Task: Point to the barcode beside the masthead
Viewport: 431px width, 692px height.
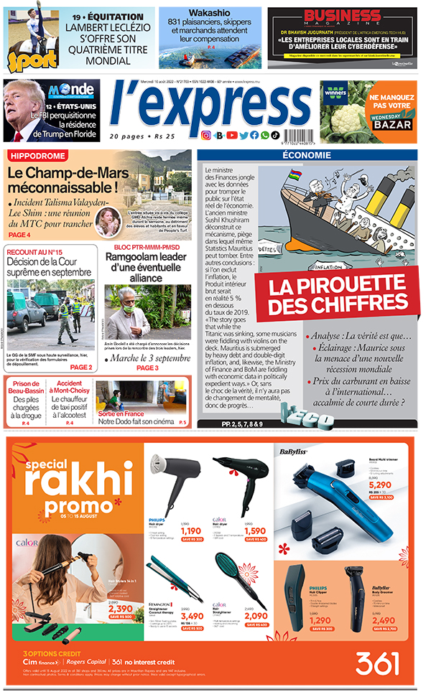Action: [x=297, y=134]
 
